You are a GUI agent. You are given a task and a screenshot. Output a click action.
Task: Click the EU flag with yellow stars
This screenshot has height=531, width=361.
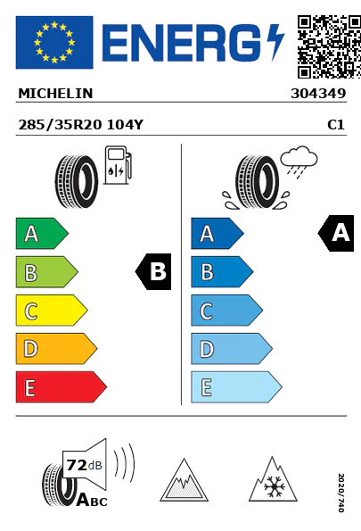(54, 42)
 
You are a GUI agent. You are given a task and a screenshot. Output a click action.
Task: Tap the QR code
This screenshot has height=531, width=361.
(329, 46)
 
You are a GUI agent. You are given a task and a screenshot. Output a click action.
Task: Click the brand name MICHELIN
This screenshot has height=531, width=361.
(55, 94)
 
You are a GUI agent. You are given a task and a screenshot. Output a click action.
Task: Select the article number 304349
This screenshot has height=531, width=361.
(318, 94)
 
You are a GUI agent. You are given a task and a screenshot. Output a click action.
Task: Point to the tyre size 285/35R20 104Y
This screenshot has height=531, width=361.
(81, 125)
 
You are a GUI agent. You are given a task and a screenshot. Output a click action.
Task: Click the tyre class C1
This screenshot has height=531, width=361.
(336, 125)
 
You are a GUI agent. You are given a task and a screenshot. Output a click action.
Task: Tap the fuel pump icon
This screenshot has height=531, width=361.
(118, 165)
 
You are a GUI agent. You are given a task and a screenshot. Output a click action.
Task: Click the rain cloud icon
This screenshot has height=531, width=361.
(299, 162)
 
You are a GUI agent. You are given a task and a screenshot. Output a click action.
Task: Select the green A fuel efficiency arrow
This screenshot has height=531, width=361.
(42, 233)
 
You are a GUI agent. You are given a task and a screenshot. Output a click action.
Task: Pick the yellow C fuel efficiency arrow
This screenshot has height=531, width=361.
(52, 311)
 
